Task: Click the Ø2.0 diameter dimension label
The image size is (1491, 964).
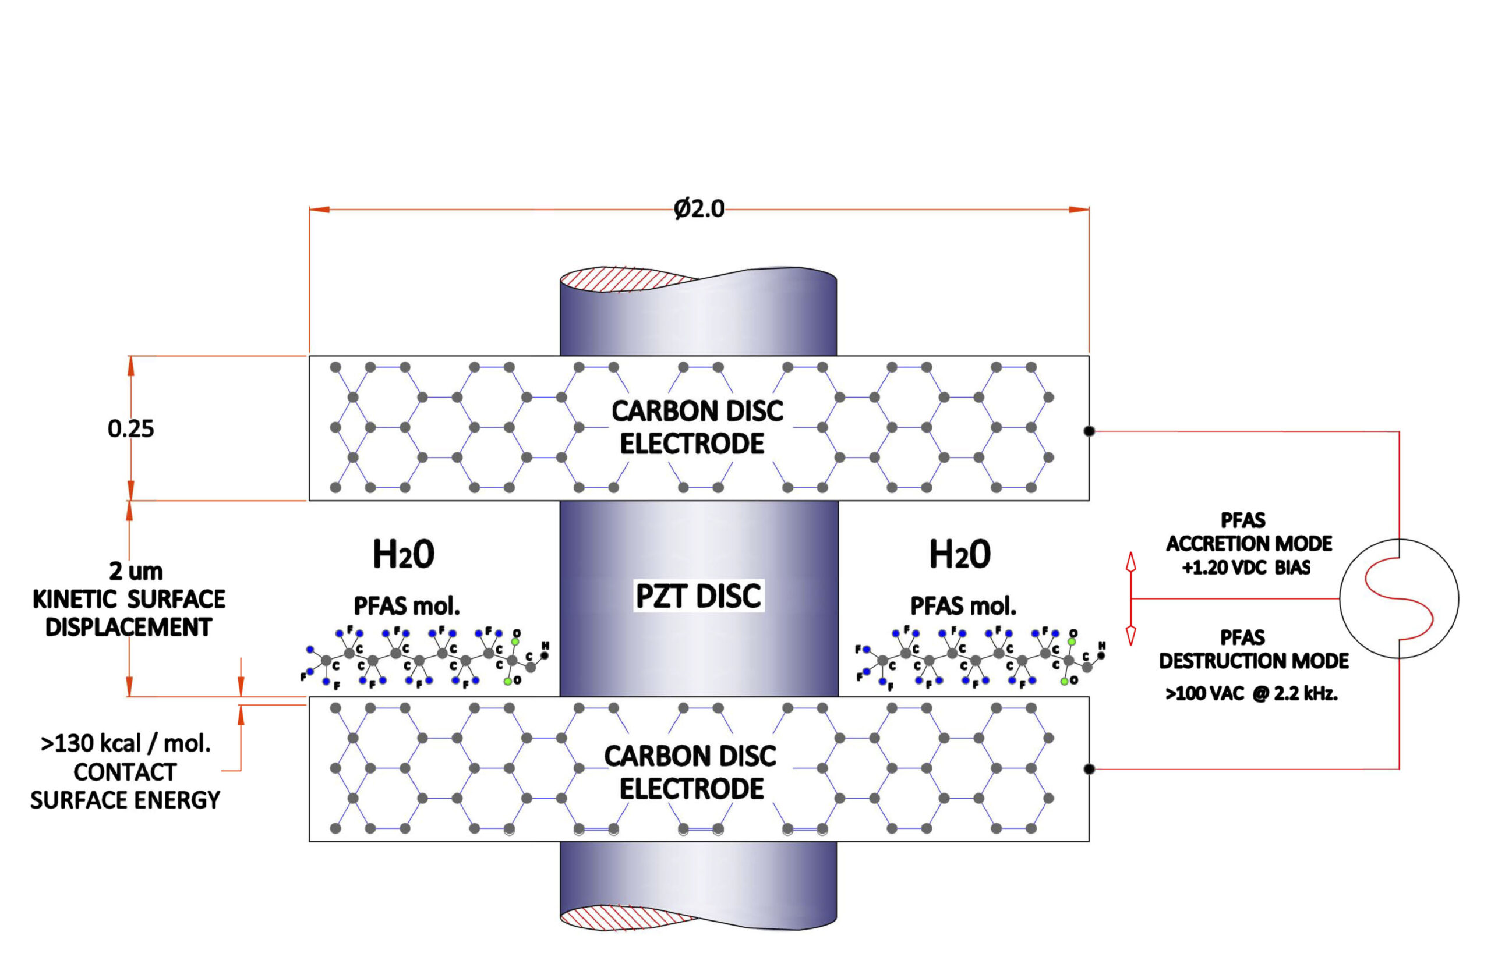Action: pos(698,208)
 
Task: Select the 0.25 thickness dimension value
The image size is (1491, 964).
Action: pos(130,429)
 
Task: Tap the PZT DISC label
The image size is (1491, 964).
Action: pos(698,596)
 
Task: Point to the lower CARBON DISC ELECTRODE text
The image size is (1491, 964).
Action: pos(690,772)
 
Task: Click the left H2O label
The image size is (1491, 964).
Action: pos(403,555)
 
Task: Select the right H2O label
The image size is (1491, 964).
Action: pos(959,555)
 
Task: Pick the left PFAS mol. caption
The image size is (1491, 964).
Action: pos(407,606)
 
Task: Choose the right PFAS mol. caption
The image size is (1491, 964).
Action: pos(963,606)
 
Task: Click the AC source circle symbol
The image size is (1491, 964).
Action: pos(1398,599)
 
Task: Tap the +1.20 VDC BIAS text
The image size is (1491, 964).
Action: pos(1246,568)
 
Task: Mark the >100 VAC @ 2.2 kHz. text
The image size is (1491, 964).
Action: pos(1250,693)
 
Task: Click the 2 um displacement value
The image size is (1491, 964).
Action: pos(136,572)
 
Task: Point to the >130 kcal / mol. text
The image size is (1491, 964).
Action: pos(126,743)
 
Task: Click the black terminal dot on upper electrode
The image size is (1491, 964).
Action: pos(1089,431)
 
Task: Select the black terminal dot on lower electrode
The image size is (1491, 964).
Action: pos(1089,768)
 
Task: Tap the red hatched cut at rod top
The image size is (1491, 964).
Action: pos(620,280)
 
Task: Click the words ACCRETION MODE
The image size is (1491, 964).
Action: pos(1249,543)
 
